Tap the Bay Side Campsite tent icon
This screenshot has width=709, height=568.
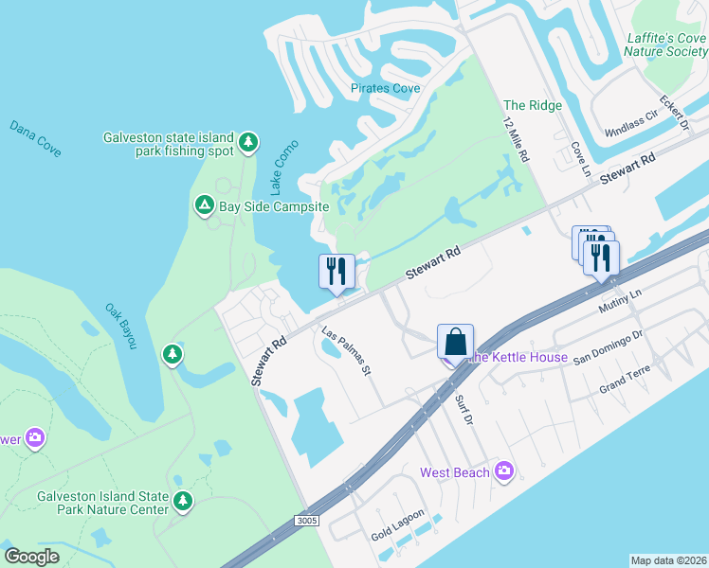pos(204,204)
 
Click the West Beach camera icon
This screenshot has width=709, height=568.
pos(503,470)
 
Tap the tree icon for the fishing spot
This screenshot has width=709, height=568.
pos(248,143)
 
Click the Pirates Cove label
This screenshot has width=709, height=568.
pos(386,88)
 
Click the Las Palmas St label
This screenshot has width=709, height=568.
pos(345,351)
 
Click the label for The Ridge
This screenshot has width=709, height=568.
pos(533,105)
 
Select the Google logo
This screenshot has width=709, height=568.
pos(32,557)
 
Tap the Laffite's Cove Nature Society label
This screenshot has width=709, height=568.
pos(667,44)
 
